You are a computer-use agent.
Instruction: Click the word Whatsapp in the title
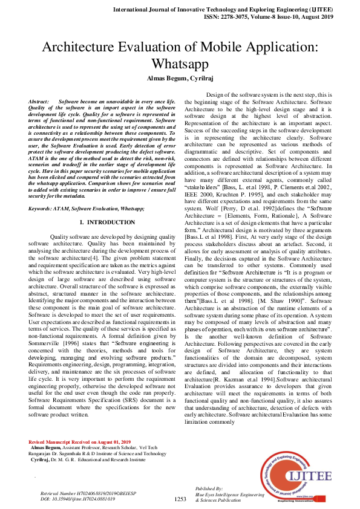coord(180,64)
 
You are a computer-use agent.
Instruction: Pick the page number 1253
coord(180,499)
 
